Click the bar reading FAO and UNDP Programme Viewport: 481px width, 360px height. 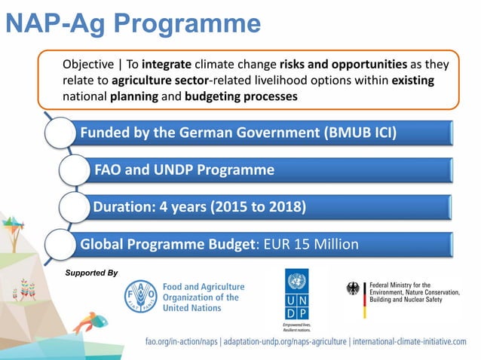[184, 169]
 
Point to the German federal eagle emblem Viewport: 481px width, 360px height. [353, 288]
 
